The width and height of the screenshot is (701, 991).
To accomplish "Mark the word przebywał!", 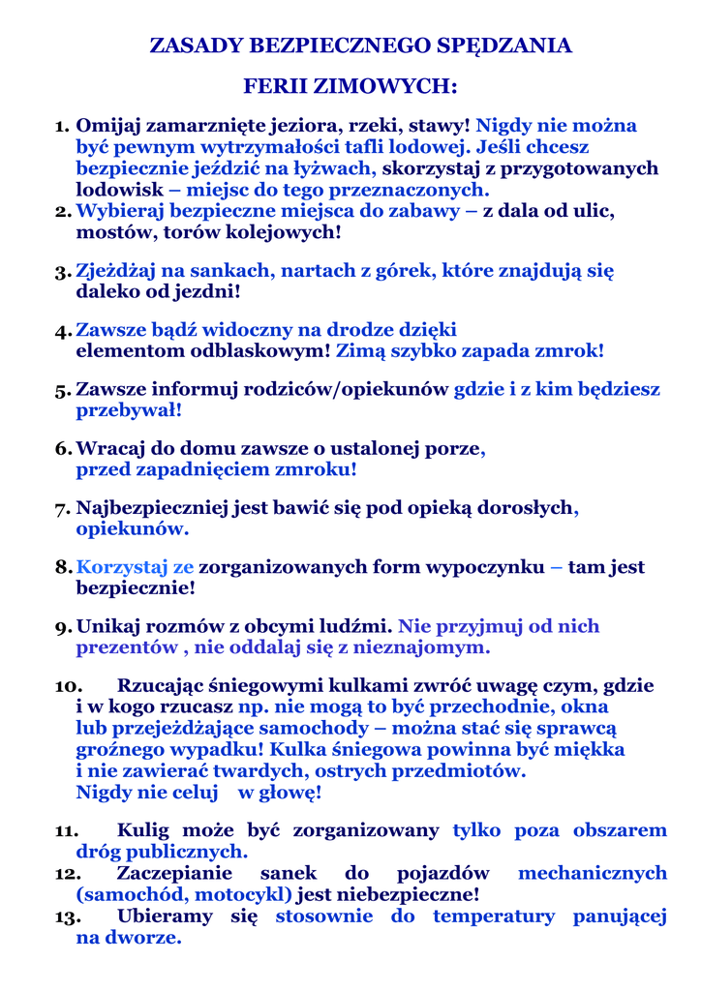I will pyautogui.click(x=129, y=410).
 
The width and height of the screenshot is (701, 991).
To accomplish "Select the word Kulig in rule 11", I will pyautogui.click(x=145, y=831).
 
